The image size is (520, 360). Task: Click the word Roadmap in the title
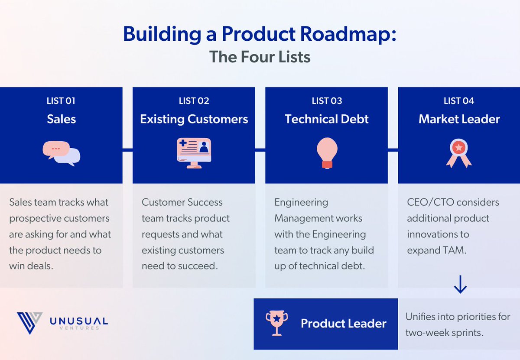click(x=348, y=34)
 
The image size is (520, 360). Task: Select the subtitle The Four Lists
click(x=260, y=57)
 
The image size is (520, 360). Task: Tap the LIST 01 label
click(x=61, y=101)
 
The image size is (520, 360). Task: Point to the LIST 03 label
click(x=327, y=101)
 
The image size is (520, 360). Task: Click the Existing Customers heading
click(x=194, y=119)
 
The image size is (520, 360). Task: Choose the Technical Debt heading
click(x=327, y=119)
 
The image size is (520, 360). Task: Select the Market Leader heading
click(x=459, y=119)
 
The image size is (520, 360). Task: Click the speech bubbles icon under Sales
click(x=62, y=153)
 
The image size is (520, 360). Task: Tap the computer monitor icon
click(x=194, y=153)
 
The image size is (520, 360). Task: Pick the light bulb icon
click(x=327, y=153)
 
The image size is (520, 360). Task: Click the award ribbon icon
click(x=459, y=153)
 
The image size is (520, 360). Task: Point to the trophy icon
click(x=277, y=323)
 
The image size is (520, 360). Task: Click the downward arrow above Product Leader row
click(x=460, y=284)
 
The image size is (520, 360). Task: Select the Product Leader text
click(x=343, y=323)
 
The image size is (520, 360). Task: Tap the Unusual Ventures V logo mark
click(x=29, y=323)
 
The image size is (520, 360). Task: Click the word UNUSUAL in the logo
click(x=79, y=321)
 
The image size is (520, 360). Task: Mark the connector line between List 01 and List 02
click(x=127, y=150)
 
